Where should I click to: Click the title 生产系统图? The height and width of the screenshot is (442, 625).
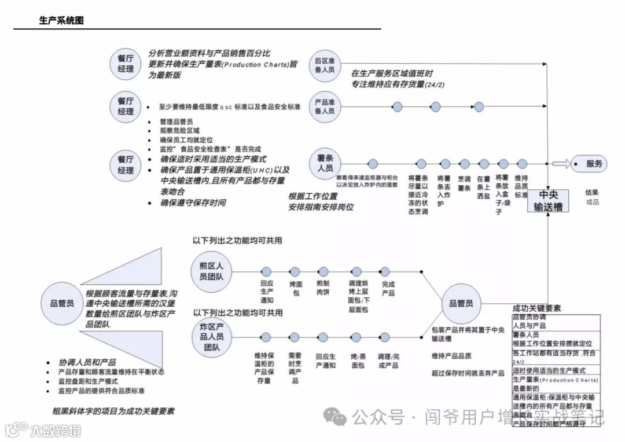tap(61, 21)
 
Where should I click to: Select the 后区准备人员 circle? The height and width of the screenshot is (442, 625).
tap(325, 64)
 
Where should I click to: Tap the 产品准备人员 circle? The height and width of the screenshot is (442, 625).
tap(325, 106)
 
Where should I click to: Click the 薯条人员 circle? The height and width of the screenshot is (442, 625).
tap(325, 164)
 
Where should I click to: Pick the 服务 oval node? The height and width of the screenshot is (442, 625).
tap(590, 164)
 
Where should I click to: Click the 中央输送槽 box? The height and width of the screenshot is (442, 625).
tap(547, 201)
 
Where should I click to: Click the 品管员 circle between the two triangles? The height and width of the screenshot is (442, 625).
tap(61, 303)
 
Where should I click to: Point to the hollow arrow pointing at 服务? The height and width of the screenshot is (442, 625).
tap(559, 164)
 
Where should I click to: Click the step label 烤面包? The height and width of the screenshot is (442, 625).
tap(295, 289)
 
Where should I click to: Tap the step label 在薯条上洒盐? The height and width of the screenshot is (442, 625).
tap(483, 188)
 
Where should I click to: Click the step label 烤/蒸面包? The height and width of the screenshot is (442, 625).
tap(357, 361)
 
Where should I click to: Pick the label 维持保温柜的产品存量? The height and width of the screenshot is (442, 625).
tap(264, 368)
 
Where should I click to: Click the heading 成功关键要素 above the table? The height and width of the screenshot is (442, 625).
tap(536, 308)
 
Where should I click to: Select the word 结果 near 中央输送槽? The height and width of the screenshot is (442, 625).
tap(592, 193)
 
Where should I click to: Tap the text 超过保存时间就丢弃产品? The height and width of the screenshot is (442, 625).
tap(468, 373)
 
